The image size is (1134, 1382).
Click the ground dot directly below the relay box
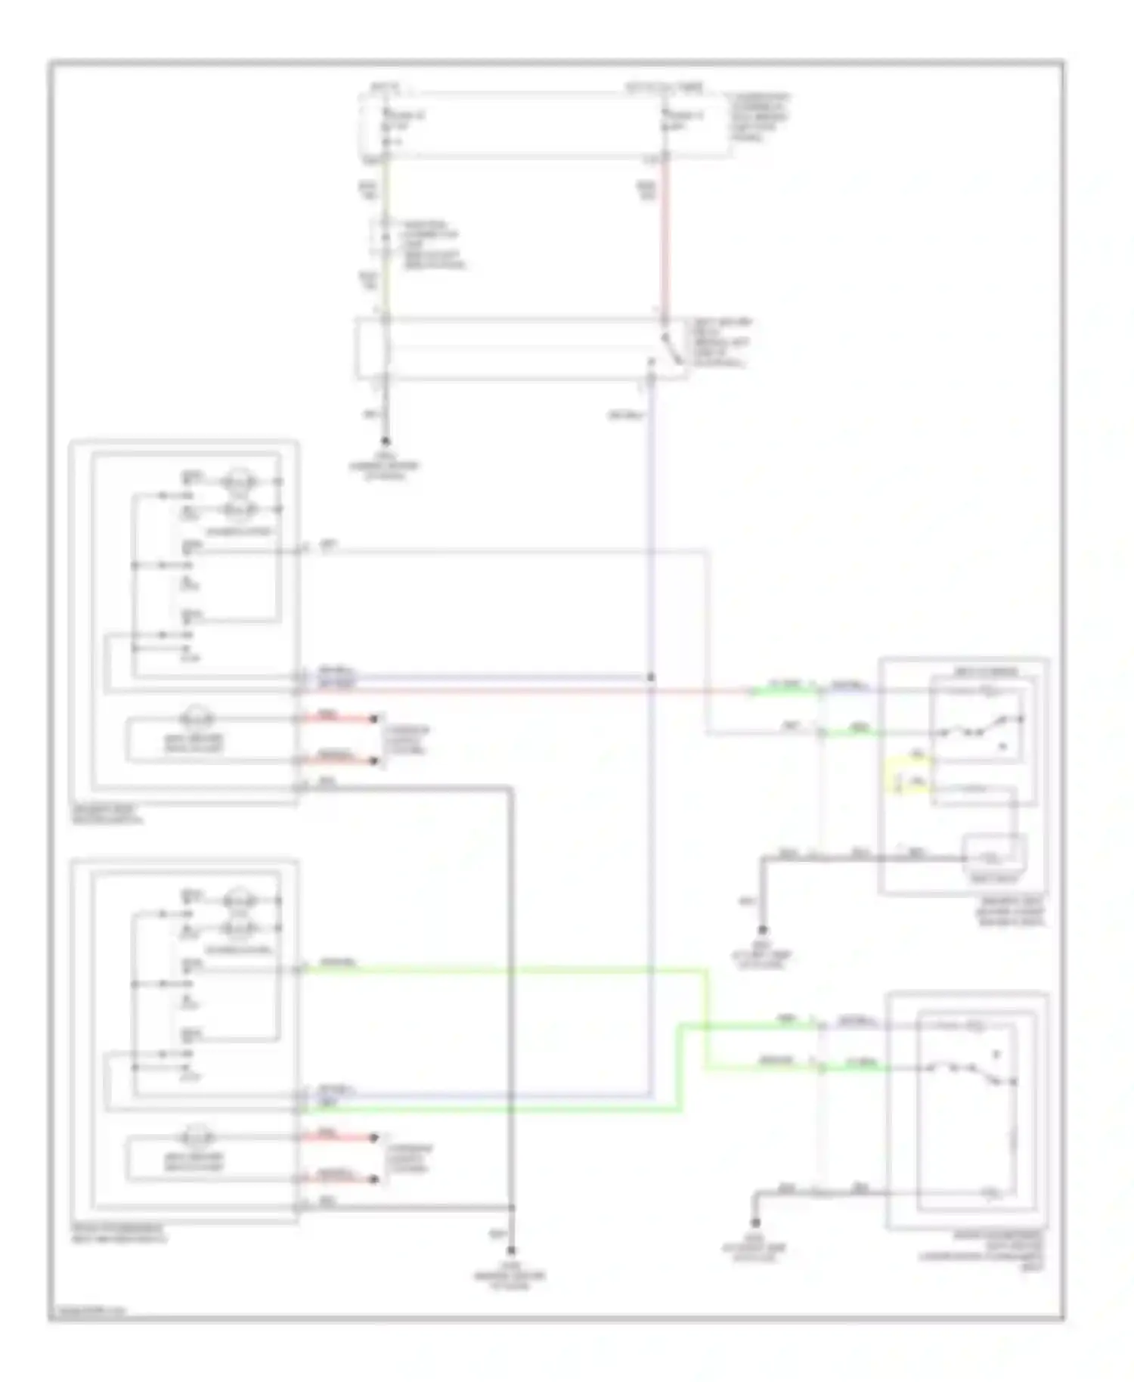pyautogui.click(x=386, y=441)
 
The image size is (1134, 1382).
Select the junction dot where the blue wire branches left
pyautogui.click(x=651, y=677)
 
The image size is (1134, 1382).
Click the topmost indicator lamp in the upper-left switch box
pyautogui.click(x=240, y=482)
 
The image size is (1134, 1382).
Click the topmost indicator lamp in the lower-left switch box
pyautogui.click(x=240, y=900)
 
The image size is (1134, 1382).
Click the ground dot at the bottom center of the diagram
pyautogui.click(x=511, y=1251)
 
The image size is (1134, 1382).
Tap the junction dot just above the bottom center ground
pyautogui.click(x=512, y=1207)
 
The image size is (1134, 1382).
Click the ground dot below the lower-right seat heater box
pyautogui.click(x=755, y=1222)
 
